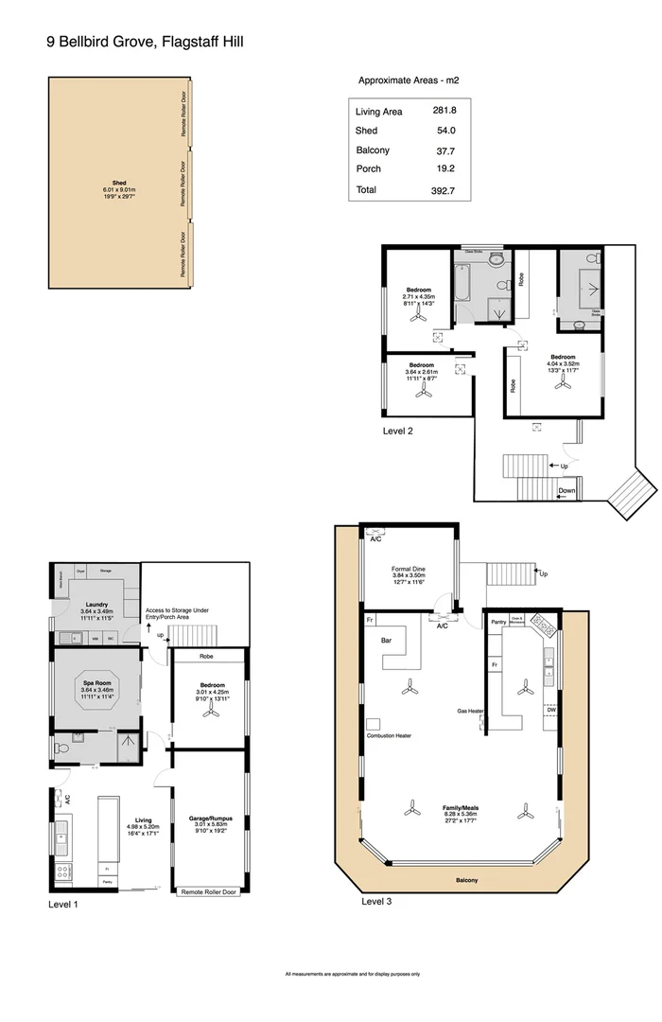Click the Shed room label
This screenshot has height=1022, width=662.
pos(119,183)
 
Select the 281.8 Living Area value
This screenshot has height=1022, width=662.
pos(444,112)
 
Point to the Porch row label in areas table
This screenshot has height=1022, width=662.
pos(368,169)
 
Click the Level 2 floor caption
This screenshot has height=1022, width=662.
pos(398,431)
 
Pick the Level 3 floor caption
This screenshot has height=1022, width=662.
pos(376,902)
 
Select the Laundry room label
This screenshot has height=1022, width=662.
pos(96,605)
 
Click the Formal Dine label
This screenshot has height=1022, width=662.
pos(409,570)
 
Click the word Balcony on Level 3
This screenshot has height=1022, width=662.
pos(466,881)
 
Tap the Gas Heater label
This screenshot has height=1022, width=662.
pos(471,710)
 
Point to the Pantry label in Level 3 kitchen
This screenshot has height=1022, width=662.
pos(499,623)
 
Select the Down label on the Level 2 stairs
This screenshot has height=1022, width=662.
pos(566,491)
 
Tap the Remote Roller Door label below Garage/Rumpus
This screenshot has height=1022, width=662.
pos(208,891)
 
